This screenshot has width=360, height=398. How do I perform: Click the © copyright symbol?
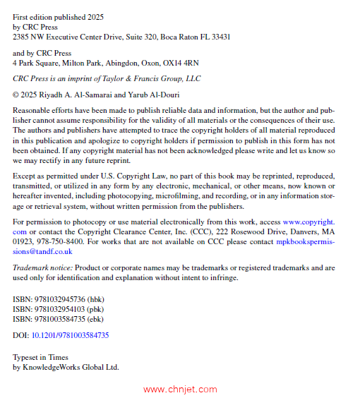pos(16,94)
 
